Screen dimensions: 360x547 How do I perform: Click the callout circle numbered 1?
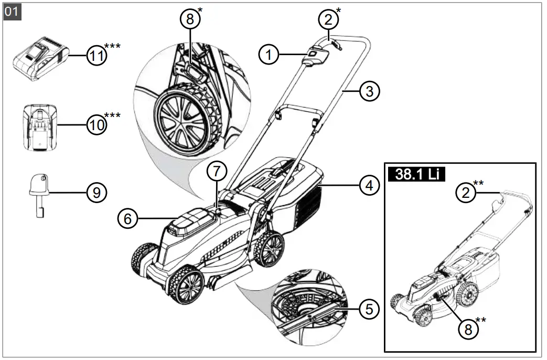[269, 55]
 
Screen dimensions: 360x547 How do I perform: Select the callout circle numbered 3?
[369, 91]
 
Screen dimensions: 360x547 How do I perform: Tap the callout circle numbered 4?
[369, 186]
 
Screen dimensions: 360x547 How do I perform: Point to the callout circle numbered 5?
[369, 309]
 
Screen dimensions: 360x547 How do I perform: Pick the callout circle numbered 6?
[127, 218]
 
